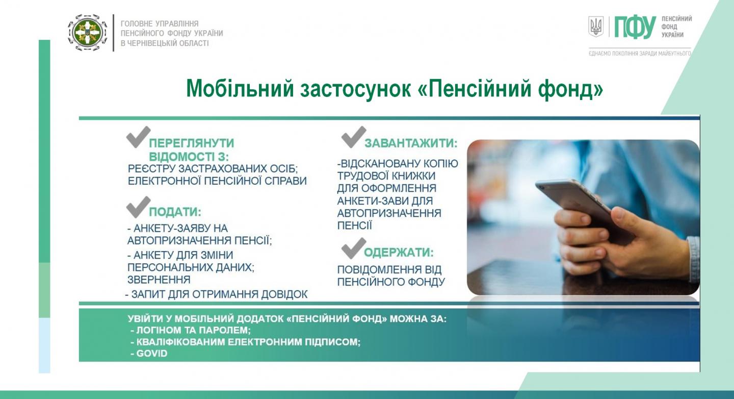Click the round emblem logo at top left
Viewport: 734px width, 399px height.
pos(88,33)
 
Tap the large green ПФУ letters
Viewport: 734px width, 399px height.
pos(635,27)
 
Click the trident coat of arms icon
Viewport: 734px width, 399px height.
pos(596,27)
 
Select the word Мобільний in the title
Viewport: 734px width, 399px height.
pos(240,89)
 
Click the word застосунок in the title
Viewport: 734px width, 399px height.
pos(356,89)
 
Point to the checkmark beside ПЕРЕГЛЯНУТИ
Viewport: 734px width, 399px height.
pos(138,137)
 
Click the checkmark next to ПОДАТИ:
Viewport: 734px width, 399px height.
pos(138,207)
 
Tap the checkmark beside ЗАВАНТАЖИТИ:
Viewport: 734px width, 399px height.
pos(354,137)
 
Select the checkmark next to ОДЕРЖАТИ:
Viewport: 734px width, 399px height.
pos(354,248)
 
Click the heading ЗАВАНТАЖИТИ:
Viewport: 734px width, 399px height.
pos(411,143)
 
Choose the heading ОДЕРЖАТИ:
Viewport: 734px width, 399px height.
pos(399,253)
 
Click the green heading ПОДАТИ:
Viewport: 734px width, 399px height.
pos(175,212)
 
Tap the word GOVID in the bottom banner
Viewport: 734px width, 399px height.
pos(152,354)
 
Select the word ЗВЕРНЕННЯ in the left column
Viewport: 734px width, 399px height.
pos(159,280)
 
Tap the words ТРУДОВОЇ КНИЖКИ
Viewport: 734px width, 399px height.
pos(386,176)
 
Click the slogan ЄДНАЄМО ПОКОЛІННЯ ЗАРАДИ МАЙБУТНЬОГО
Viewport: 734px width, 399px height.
pos(640,54)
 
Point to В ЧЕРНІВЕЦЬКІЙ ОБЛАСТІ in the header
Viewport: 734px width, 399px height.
pos(165,43)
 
